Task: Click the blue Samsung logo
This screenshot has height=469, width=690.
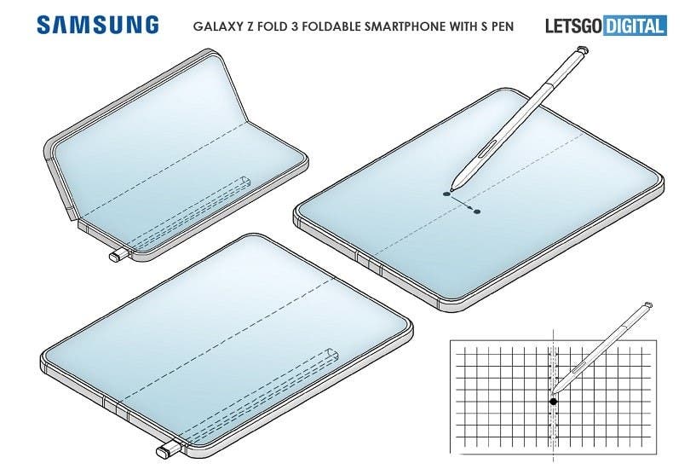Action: coord(98,25)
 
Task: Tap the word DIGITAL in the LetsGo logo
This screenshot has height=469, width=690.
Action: coord(635,26)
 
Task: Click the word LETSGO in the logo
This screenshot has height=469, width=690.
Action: coord(573,26)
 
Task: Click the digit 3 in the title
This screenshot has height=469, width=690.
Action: coord(295,26)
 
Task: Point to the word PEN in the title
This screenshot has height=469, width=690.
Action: coord(502,26)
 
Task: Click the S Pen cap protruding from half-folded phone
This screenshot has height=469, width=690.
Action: coord(118,255)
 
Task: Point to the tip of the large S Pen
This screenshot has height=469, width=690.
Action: coord(451,190)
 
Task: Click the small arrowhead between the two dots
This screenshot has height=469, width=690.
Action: coord(470,207)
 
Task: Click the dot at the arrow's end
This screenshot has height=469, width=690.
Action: coord(477,211)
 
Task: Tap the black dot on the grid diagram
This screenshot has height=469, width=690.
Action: coord(553,401)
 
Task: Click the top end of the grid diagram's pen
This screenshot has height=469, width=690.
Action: coord(647,304)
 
